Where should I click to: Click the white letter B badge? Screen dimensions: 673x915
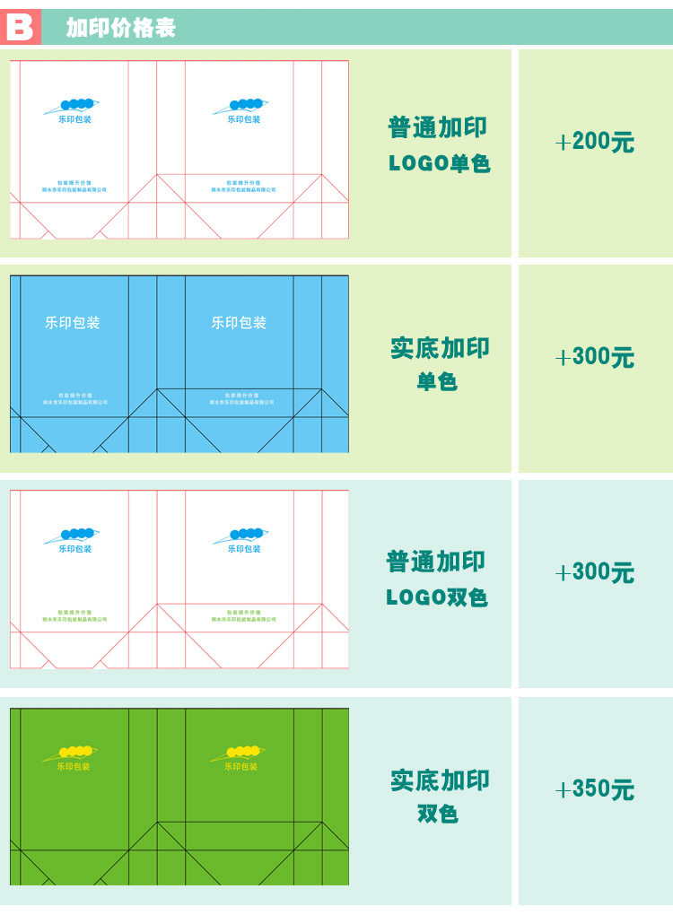pos(19,28)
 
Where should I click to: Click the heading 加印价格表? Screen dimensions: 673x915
pos(120,29)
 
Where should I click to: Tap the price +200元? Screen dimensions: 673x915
pos(594,142)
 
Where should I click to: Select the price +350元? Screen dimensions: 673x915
pos(594,789)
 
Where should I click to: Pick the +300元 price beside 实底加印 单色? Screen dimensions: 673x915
pos(594,357)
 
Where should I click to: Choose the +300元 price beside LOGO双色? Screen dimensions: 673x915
pos(594,573)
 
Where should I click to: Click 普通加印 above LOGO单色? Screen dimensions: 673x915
pos(437,127)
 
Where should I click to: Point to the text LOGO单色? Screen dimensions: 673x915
pos(439,164)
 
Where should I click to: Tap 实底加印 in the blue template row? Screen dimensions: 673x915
pos(440,348)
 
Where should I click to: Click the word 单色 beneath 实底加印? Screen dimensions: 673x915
pos(437,382)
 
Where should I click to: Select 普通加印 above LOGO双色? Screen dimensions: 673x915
pos(436,562)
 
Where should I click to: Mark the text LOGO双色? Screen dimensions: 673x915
pos(437,597)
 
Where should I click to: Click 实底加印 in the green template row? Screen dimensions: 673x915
pos(440,780)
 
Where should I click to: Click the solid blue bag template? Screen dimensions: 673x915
pos(179,364)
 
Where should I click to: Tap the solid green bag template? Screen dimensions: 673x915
pos(179,797)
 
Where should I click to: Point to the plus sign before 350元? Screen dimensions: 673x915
pos(563,790)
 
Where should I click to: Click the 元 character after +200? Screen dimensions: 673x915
pos(623,142)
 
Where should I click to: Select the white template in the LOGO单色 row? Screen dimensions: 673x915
pos(179,150)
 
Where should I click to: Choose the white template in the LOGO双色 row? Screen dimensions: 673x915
pos(179,579)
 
